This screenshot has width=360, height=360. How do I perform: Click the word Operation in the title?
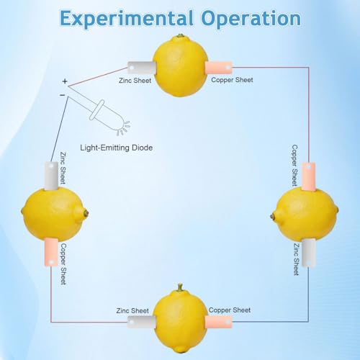tap(251, 19)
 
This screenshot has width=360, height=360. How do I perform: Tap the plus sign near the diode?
tap(65, 81)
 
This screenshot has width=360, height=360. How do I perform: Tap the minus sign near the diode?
tap(63, 95)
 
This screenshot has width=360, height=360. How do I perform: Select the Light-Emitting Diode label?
tap(117, 148)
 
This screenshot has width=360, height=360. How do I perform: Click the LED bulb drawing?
tap(109, 117)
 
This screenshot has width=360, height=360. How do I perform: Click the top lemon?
tap(180, 66)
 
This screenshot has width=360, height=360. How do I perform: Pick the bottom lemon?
tap(180, 319)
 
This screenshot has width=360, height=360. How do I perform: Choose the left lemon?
tap(55, 214)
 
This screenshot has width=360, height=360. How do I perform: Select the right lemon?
tap(305, 214)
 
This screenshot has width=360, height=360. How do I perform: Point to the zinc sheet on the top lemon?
tap(142, 68)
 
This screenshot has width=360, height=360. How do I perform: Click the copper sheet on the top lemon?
tap(218, 68)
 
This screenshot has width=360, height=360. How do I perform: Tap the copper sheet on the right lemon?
tap(308, 176)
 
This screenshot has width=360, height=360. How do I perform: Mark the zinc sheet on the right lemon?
tap(308, 253)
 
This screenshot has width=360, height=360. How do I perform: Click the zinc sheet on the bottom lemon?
tap(142, 322)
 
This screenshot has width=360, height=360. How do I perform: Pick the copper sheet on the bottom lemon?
tap(218, 322)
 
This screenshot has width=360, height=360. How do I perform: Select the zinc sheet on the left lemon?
tap(51, 176)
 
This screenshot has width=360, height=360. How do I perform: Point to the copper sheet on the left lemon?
tap(51, 252)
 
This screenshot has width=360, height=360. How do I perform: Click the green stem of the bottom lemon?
tap(180, 287)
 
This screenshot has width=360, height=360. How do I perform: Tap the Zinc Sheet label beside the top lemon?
tap(135, 81)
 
